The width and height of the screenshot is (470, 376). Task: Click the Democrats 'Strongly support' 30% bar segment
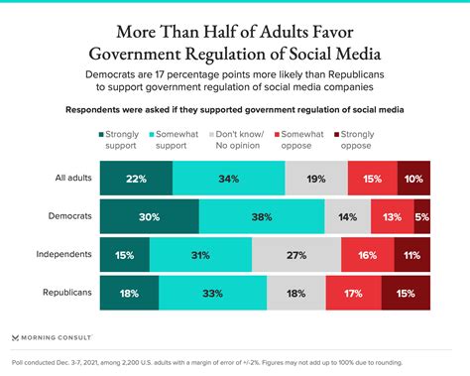(149, 215)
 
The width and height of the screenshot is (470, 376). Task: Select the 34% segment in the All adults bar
(228, 178)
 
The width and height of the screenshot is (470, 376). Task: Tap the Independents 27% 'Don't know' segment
(295, 255)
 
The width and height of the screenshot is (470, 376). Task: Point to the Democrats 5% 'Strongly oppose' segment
(422, 215)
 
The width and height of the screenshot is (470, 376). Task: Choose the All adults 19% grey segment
(314, 178)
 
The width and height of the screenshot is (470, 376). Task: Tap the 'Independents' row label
(64, 255)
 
